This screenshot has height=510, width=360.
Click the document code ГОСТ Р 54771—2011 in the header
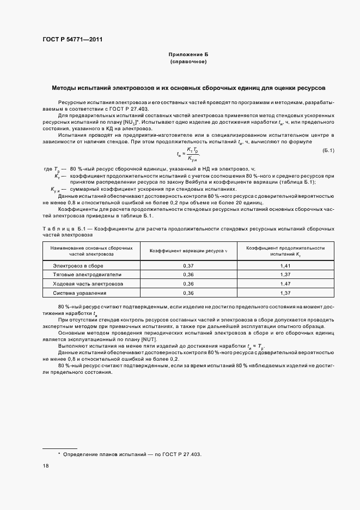click(x=72, y=39)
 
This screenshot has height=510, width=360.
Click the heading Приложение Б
click(x=188, y=55)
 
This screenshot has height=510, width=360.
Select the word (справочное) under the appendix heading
click(x=188, y=62)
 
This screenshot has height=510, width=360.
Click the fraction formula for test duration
click(x=192, y=154)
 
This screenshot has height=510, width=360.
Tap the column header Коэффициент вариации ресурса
click(x=188, y=251)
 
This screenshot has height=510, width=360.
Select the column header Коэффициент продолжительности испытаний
click(x=285, y=251)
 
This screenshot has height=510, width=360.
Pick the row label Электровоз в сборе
click(x=78, y=265)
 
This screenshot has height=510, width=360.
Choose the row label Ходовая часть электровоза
click(x=88, y=284)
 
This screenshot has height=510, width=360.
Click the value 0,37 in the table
click(x=188, y=265)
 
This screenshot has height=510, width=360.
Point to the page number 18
click(x=46, y=466)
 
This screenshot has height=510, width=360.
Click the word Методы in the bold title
click(x=65, y=87)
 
